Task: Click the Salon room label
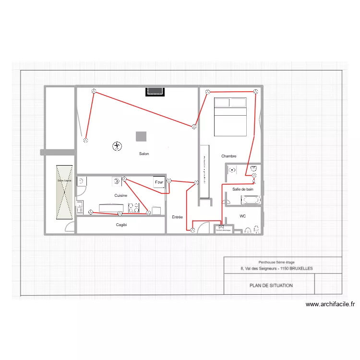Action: click(144, 154)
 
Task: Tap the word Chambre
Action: click(229, 156)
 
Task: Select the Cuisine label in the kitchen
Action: click(121, 196)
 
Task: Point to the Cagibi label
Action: click(121, 225)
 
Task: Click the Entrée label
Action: click(177, 217)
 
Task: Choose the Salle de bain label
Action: click(242, 190)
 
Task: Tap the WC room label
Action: click(243, 216)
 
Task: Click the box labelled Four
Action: click(159, 182)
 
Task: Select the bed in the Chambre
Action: click(230, 116)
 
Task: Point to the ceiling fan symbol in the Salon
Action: click(116, 146)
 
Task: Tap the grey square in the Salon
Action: click(141, 136)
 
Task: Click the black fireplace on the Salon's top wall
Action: click(156, 91)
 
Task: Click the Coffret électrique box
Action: click(222, 229)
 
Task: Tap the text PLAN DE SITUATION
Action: click(271, 286)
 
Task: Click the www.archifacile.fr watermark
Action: click(330, 304)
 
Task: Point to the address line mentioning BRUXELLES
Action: click(277, 269)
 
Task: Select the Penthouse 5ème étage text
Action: click(276, 262)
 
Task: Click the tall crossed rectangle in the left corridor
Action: click(64, 192)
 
